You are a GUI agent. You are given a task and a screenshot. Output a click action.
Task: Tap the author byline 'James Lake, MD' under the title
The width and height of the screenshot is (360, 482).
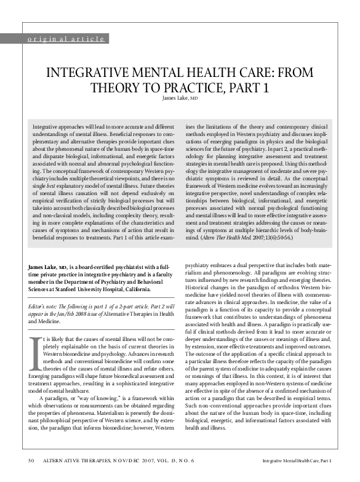(x=180, y=98)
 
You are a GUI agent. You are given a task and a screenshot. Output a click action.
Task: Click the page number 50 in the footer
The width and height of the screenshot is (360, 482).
(x=31, y=460)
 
